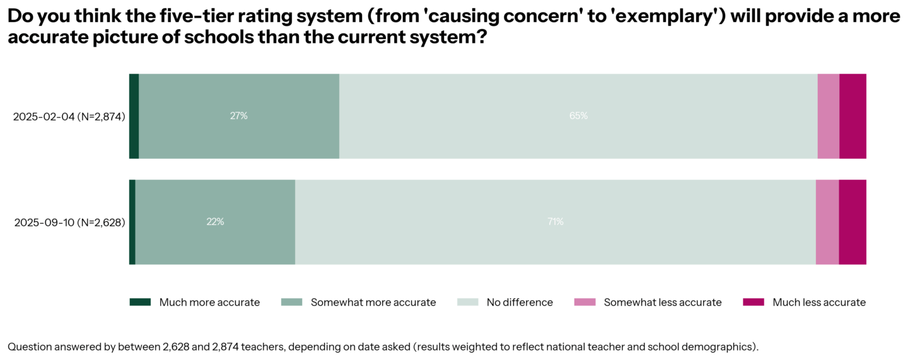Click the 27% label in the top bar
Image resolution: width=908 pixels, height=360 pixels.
(x=239, y=116)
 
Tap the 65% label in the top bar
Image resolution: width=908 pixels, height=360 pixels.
(x=578, y=116)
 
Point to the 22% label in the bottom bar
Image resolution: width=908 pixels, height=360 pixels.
(x=215, y=222)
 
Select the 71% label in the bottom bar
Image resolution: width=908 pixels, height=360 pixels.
(x=555, y=222)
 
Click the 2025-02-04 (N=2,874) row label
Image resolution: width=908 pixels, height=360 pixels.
(x=69, y=117)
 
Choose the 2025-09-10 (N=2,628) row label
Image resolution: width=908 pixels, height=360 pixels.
(x=69, y=223)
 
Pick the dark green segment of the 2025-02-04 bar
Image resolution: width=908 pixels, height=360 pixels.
(x=134, y=116)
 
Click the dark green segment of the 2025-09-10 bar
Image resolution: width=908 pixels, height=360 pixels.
(x=132, y=222)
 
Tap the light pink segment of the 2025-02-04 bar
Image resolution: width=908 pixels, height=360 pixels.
(x=828, y=116)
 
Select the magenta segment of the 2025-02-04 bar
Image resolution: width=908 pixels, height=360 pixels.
(x=853, y=116)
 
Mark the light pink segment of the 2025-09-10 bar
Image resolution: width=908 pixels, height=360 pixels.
(x=827, y=222)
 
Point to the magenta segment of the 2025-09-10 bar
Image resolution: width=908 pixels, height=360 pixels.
(x=853, y=222)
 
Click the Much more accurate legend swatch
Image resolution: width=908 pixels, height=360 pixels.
(x=140, y=302)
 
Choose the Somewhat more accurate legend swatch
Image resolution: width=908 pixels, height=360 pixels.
(x=291, y=302)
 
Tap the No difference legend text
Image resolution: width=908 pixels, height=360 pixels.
(x=520, y=303)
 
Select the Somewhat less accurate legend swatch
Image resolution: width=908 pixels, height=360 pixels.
(x=584, y=302)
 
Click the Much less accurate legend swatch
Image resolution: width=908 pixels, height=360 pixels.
(x=754, y=302)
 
